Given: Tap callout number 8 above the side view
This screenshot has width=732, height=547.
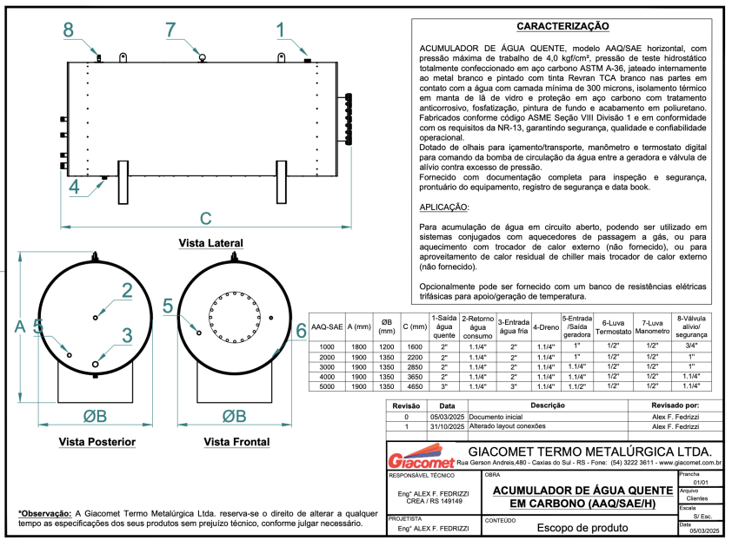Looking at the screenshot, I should [69, 29].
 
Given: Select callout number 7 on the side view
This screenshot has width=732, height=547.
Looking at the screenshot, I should [171, 29].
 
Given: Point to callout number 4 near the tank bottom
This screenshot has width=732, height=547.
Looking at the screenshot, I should [74, 186].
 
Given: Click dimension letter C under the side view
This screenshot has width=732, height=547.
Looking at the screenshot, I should [206, 218].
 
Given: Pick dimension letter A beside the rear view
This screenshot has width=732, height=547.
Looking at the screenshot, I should [19, 326].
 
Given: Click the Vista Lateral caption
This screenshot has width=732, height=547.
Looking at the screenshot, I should [210, 242].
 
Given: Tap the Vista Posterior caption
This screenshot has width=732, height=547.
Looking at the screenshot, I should [96, 442].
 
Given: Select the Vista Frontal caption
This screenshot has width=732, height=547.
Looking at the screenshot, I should [236, 442].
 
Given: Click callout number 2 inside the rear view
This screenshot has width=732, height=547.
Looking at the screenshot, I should [127, 291].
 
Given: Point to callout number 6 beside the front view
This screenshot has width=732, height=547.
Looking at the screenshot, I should [301, 330].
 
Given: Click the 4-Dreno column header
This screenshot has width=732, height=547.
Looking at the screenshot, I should [546, 326].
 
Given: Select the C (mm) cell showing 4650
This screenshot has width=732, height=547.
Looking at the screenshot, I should [416, 386].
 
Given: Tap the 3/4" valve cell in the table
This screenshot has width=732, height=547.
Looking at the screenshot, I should [692, 346].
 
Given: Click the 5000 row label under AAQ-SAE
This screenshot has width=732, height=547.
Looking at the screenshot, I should [327, 386].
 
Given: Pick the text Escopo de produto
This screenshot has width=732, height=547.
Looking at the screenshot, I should [577, 527].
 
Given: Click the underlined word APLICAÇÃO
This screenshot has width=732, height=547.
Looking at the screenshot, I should [443, 208].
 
